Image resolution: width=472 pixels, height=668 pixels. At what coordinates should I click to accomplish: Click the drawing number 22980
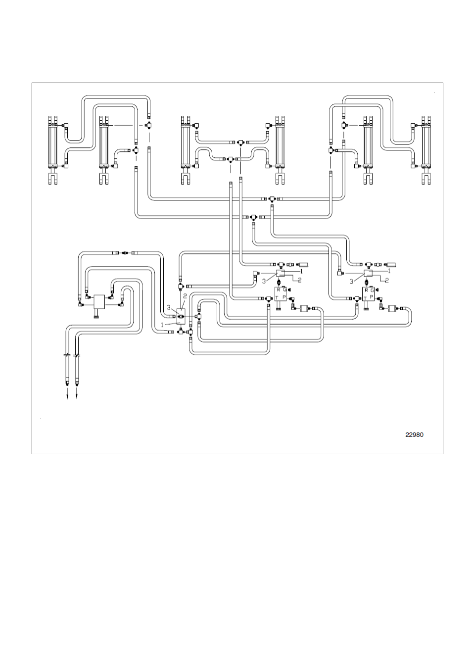414,435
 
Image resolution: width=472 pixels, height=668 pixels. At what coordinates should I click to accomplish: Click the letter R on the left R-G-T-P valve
278,289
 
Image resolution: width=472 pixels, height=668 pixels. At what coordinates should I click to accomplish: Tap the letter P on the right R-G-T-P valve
372,297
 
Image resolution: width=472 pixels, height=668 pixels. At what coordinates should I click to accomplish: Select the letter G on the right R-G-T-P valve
372,290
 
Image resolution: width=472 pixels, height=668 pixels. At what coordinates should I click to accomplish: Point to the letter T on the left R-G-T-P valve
277,297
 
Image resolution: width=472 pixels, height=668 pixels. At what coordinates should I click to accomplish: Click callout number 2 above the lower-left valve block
185,296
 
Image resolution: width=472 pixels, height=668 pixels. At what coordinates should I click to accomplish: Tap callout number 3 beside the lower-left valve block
168,307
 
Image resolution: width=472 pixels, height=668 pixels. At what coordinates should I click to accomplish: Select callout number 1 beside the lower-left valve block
162,325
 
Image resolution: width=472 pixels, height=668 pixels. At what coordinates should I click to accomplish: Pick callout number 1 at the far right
389,271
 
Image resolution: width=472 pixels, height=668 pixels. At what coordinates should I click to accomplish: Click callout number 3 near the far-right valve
351,282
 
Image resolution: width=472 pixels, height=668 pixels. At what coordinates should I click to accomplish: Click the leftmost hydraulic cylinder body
53,145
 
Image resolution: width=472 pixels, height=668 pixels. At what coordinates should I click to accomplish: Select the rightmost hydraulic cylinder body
426,145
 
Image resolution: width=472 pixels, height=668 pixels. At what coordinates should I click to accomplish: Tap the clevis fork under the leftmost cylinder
53,178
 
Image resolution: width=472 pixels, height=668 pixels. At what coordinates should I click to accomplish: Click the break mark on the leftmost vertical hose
67,355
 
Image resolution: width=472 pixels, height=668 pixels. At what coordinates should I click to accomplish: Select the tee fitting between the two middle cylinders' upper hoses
240,143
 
